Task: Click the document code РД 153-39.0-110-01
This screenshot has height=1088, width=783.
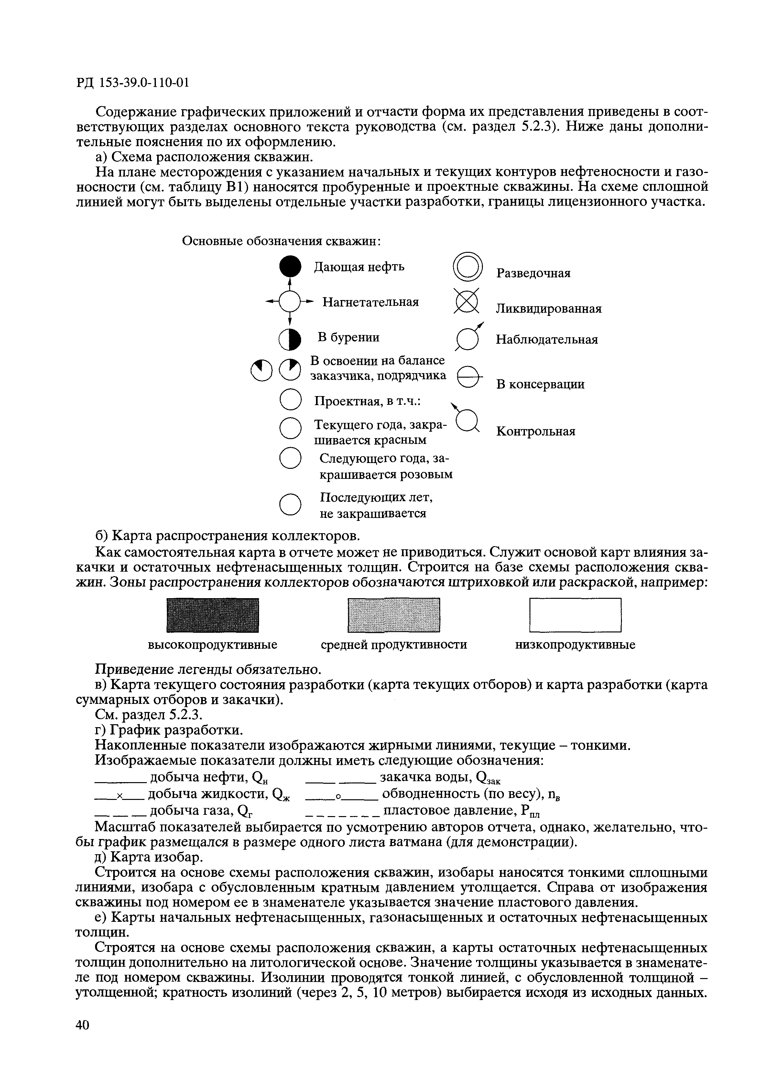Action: [132, 83]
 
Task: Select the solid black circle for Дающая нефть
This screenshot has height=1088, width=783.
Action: [290, 267]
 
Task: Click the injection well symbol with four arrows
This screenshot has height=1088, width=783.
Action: [290, 302]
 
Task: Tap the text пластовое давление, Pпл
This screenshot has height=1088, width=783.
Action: [462, 810]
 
